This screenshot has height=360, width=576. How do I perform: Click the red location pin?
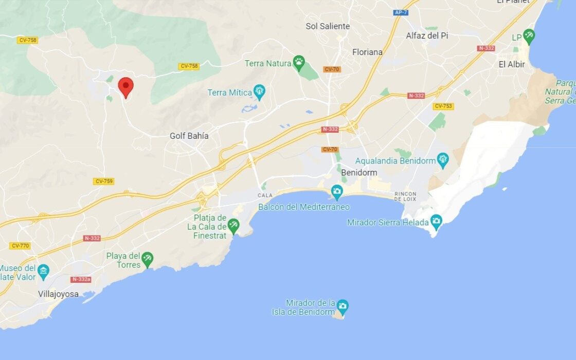[x=125, y=86]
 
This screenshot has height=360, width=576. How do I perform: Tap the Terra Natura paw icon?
[x=299, y=63]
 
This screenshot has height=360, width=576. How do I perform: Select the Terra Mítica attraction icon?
[x=259, y=92]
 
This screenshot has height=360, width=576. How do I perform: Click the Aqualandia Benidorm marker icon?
[x=443, y=160]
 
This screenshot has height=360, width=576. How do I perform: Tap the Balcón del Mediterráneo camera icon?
[x=337, y=192]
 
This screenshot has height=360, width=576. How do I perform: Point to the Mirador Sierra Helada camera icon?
[x=436, y=222]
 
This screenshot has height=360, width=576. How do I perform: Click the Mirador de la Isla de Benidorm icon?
[x=343, y=307]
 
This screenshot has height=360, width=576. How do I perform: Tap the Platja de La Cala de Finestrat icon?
[x=233, y=225]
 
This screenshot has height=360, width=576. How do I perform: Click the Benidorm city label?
[x=359, y=172]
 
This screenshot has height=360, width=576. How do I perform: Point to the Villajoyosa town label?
[x=58, y=294]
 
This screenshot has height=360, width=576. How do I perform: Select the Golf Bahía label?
[x=189, y=136]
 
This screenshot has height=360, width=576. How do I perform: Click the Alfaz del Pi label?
[x=427, y=35]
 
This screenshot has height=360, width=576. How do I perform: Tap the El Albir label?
[x=512, y=64]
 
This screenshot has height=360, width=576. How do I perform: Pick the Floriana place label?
[x=367, y=52]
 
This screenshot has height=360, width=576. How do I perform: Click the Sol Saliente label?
[x=328, y=26]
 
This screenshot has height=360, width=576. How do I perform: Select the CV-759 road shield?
[x=104, y=181]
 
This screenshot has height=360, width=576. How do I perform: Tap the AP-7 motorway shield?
[x=401, y=12]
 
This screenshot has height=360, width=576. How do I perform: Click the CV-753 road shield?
[x=443, y=106]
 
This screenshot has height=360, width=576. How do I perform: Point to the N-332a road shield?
[x=81, y=279]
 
